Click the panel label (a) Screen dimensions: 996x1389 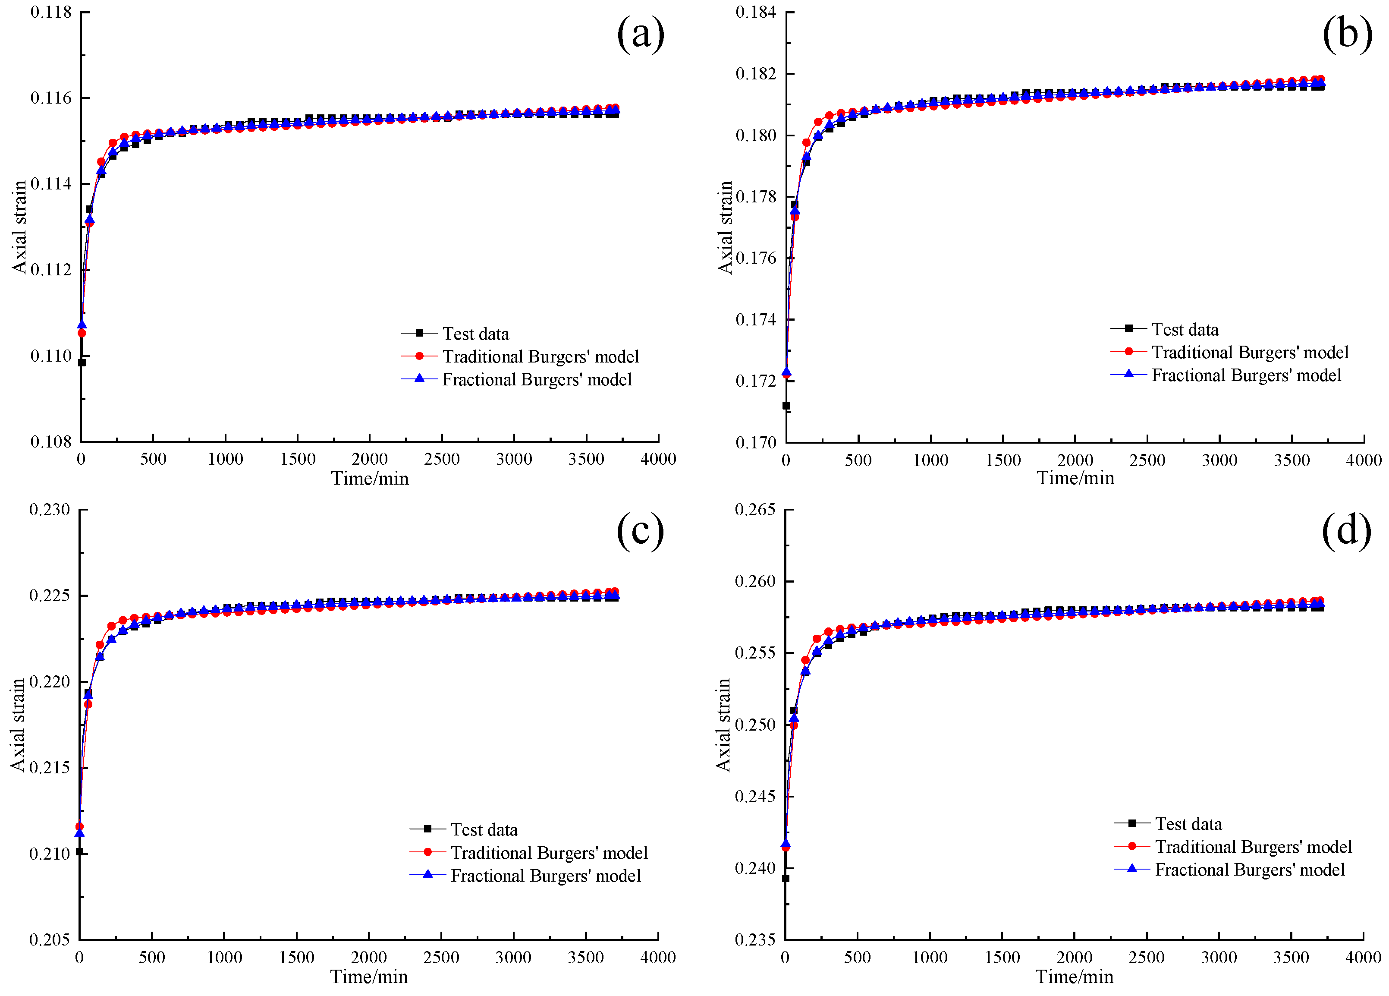(x=640, y=34)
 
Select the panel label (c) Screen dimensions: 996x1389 (x=640, y=530)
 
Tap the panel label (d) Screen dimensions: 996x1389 (x=1346, y=530)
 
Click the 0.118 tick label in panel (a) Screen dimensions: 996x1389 (x=51, y=12)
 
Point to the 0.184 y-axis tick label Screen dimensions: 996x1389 (x=756, y=12)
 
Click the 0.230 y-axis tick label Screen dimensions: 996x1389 (x=50, y=510)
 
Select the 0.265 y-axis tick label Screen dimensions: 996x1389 (x=755, y=510)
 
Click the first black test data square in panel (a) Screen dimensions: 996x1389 (x=82, y=362)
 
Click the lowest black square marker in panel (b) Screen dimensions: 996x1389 (x=786, y=406)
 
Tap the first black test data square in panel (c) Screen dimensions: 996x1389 (x=80, y=851)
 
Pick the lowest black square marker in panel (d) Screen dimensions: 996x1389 (x=786, y=878)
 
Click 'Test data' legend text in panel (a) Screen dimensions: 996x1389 (x=475, y=334)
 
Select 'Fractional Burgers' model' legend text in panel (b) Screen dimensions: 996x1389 (x=1246, y=375)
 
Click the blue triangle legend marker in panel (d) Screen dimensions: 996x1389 (x=1132, y=869)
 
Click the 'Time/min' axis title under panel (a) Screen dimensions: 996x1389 (x=370, y=479)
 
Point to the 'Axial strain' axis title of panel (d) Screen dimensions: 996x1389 (x=723, y=725)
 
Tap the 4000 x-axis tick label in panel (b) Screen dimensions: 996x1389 (x=1363, y=460)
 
